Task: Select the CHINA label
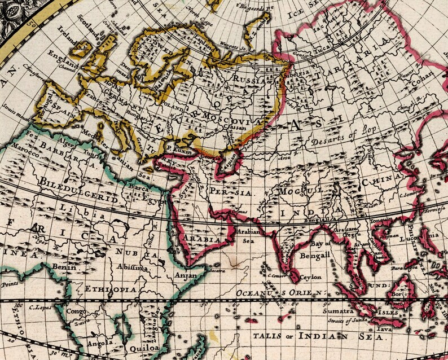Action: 383,182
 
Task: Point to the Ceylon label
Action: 311,277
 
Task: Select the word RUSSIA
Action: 249,81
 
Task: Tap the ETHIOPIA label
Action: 102,289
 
